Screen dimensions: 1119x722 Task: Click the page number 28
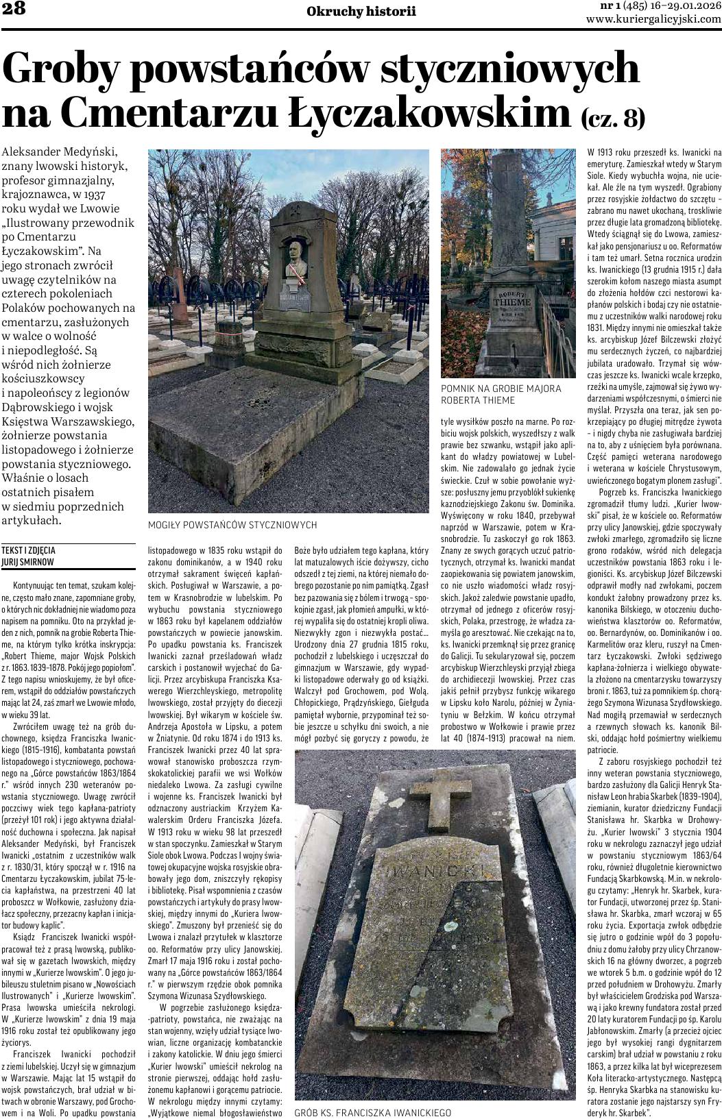[x=14, y=8]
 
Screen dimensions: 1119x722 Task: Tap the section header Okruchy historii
[x=361, y=12]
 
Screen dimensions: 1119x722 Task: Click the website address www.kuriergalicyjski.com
[x=653, y=19]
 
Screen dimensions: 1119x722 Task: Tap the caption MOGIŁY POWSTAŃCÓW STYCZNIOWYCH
[x=232, y=525]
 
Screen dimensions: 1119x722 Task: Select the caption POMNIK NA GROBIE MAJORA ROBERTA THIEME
[x=501, y=394]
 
